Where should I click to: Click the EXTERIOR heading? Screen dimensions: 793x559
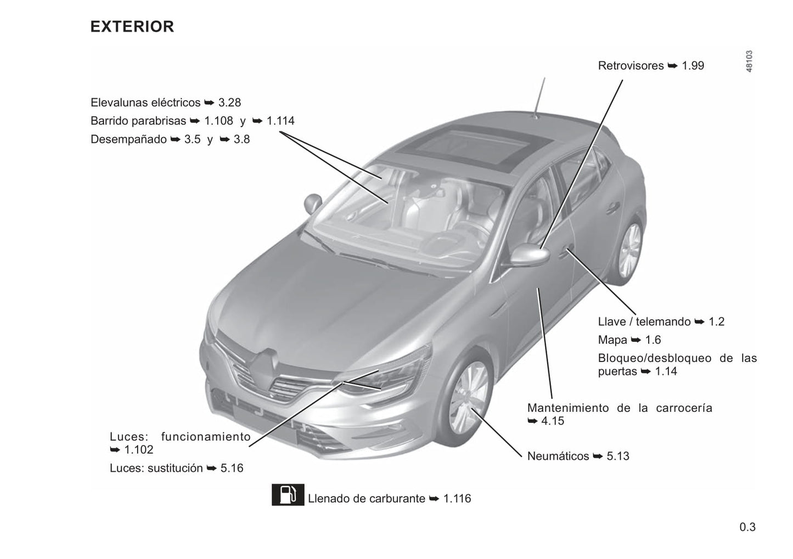point(132,26)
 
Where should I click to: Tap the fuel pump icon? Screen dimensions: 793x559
point(288,494)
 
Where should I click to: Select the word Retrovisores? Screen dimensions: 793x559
point(631,65)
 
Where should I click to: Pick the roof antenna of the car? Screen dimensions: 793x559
point(540,98)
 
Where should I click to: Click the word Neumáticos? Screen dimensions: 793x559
point(558,456)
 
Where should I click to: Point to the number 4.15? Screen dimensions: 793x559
point(553,421)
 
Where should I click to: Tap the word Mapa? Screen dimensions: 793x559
point(612,340)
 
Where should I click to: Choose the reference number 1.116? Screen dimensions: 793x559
point(457,499)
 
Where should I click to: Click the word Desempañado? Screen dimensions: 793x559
point(128,139)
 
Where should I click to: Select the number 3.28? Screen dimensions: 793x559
point(229,103)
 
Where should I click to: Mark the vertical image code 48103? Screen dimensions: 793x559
point(749,61)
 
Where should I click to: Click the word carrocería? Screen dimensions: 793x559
point(684,408)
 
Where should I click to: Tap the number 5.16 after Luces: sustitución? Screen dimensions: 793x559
point(232,468)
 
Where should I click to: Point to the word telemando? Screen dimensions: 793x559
point(663,321)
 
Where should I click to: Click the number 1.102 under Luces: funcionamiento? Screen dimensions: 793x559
point(139,450)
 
